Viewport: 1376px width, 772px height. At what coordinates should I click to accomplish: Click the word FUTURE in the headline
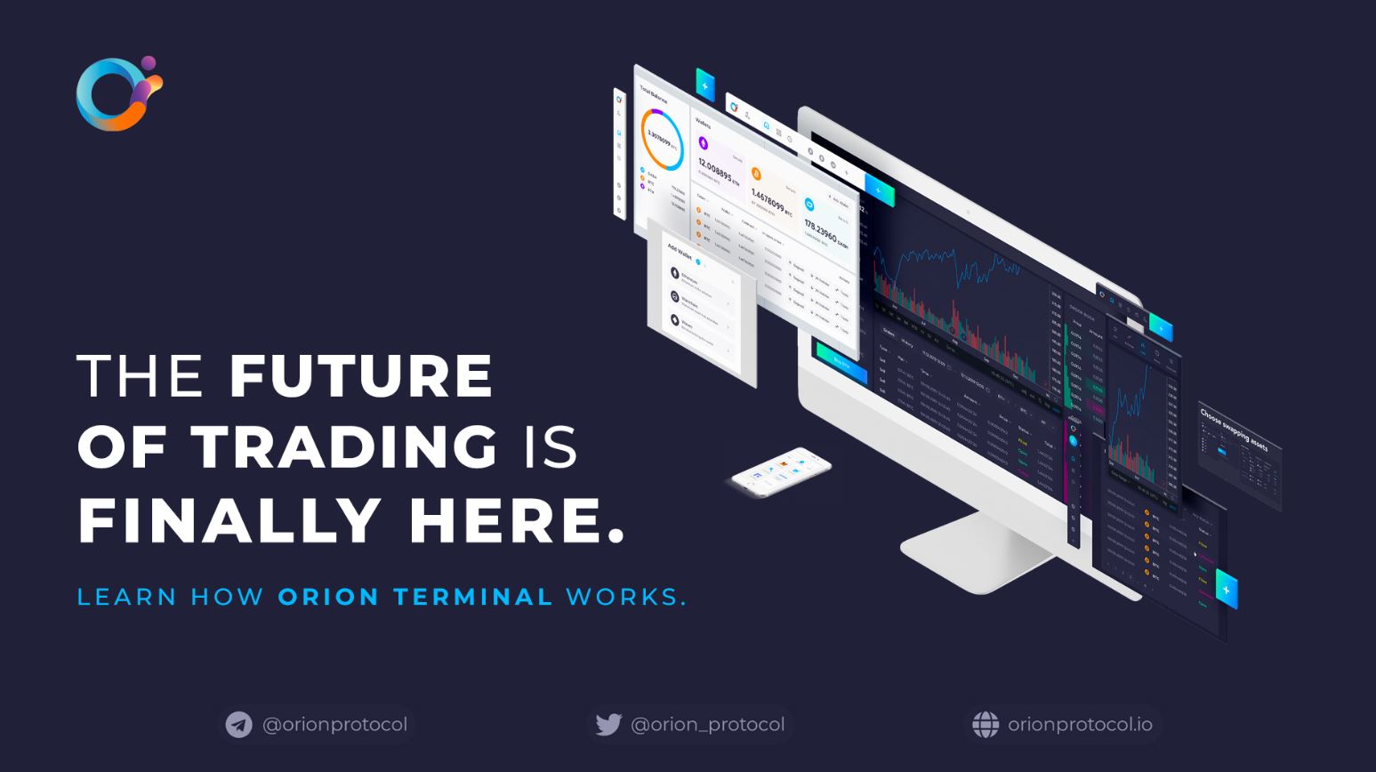360,376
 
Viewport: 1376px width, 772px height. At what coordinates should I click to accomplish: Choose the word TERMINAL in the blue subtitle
473,597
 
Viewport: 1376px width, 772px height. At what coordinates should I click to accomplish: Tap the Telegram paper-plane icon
238,725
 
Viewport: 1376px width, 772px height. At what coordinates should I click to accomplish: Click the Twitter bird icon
608,725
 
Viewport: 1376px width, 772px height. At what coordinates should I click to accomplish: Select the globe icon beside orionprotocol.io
986,725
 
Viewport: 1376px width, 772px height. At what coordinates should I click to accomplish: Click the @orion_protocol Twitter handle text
707,725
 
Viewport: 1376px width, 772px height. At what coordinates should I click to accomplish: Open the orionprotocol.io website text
1080,725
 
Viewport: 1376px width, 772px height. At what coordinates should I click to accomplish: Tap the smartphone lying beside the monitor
780,472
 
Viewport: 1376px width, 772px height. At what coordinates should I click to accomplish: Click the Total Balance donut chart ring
662,140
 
